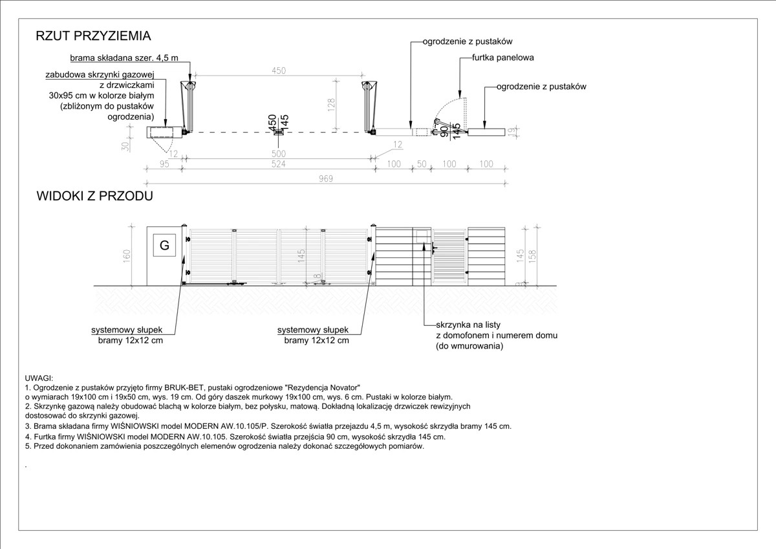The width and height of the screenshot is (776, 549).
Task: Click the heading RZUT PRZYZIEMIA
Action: click(93, 36)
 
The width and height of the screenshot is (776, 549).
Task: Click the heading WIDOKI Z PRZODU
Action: click(94, 196)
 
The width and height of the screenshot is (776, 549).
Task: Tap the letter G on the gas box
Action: click(164, 245)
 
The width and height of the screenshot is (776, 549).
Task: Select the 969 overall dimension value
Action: click(325, 178)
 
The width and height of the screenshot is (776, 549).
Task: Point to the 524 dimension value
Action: click(279, 164)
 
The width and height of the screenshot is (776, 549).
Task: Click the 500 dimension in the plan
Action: click(279, 154)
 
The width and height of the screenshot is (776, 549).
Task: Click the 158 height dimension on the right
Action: click(532, 255)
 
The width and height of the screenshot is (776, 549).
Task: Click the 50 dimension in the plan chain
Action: click(422, 164)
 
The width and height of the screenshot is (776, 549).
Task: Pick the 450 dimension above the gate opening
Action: click(278, 71)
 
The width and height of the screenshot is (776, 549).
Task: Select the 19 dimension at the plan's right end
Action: click(511, 132)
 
